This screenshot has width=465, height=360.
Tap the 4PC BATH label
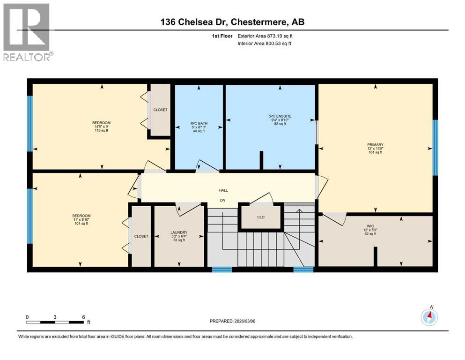pos(199,123)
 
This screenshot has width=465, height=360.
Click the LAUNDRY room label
pos(179,232)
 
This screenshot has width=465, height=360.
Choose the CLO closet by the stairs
pos(261,217)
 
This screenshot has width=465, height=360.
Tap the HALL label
pos(223,190)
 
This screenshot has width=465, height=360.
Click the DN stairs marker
pos(223,201)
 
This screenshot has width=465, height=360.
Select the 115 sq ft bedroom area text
pos(102,129)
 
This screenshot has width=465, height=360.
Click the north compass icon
pos(429,317)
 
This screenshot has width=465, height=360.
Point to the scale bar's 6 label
pos(83,317)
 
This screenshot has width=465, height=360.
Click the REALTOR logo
pos(27,32)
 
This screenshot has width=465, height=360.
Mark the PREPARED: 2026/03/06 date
pos(236,321)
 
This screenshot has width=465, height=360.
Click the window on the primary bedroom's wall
pos(435,147)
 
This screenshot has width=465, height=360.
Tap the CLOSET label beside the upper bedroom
pos(160,110)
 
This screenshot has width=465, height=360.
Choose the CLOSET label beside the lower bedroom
pos(141,236)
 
